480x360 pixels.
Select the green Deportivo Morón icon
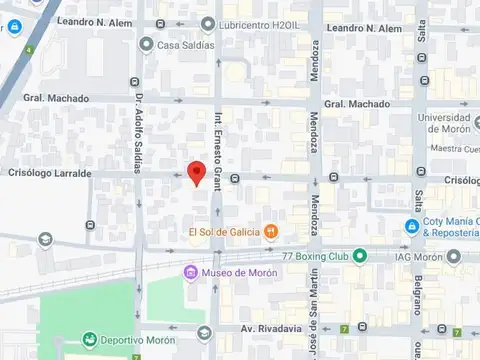click(x=90, y=340)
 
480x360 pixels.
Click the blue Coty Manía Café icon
click(x=411, y=227)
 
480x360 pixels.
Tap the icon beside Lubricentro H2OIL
click(x=208, y=23)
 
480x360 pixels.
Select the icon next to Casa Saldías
click(x=147, y=44)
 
